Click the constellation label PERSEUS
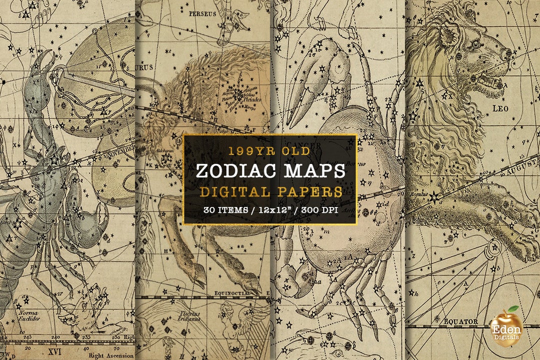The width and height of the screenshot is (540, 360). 203,14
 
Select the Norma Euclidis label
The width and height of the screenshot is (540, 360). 28,316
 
